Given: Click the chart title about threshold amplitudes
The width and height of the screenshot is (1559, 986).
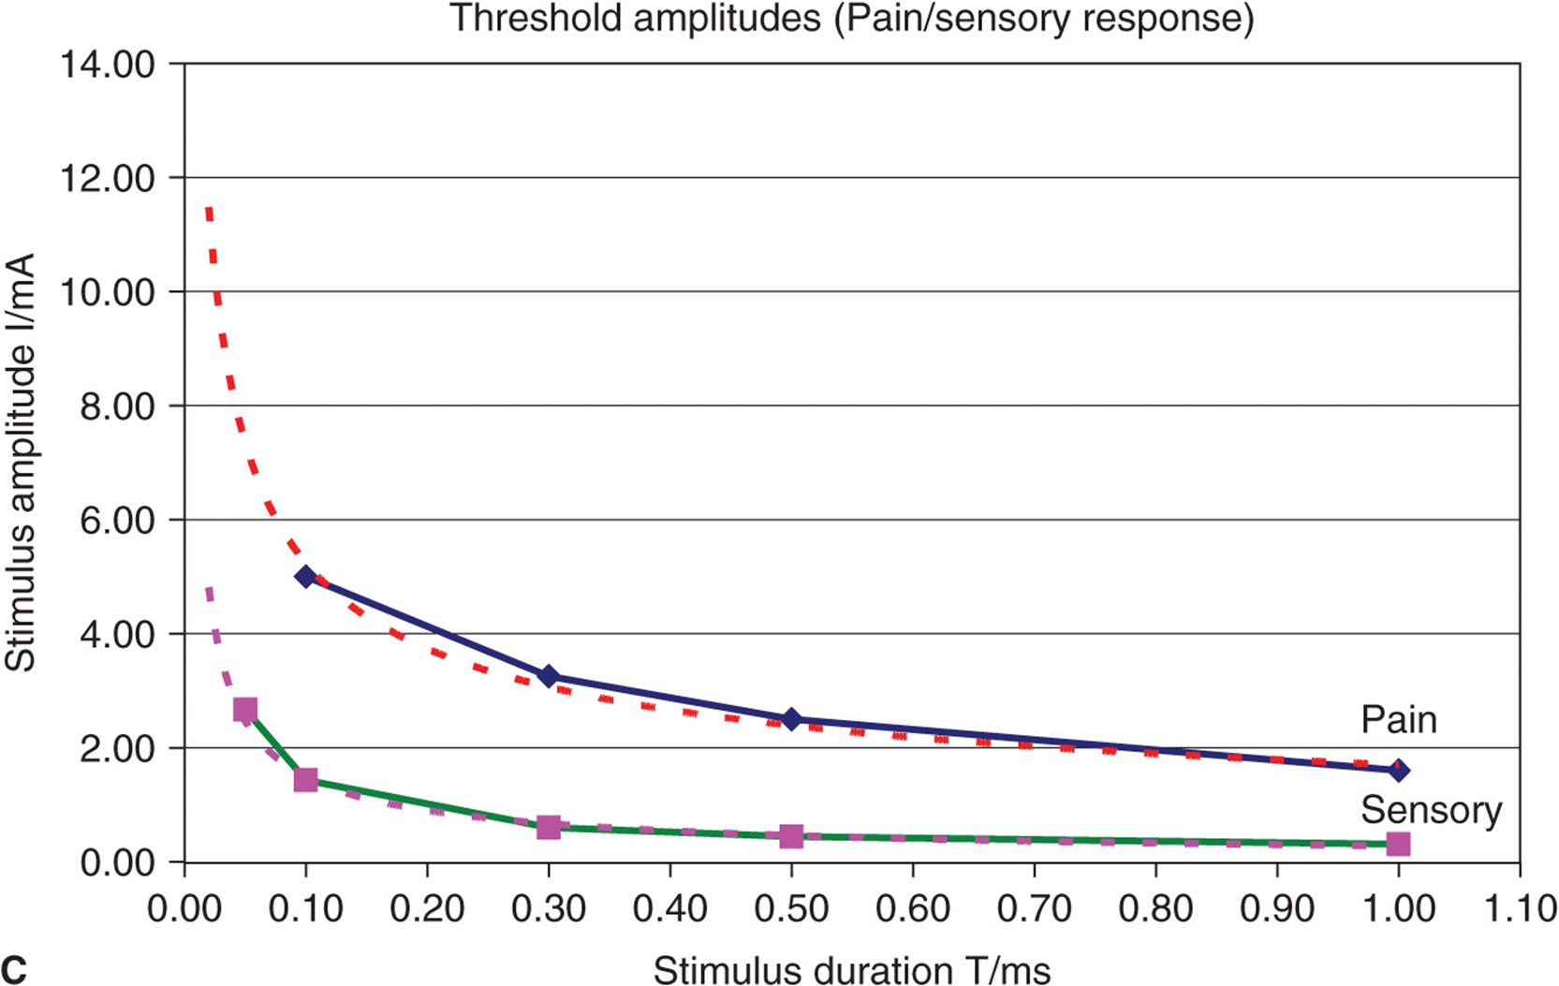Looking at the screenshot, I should point(852,19).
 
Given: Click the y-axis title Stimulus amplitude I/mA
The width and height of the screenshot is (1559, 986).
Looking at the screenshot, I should point(21,462).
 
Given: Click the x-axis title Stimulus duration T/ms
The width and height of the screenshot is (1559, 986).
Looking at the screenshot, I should point(852,970).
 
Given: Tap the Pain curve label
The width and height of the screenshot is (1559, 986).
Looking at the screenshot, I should point(1398,720).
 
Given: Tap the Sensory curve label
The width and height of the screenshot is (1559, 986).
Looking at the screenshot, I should point(1431,810).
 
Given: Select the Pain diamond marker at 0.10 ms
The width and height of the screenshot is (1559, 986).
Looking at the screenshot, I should point(306,576).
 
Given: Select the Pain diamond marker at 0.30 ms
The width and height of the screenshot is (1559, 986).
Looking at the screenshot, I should point(549,676).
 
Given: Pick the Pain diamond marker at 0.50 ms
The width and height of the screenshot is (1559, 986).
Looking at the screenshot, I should point(791,719).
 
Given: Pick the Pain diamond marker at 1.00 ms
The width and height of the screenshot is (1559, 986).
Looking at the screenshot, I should point(1398,771).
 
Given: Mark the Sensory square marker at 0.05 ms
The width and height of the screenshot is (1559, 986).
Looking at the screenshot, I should point(245,710).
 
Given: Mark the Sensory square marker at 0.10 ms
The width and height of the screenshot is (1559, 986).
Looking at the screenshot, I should point(306,780).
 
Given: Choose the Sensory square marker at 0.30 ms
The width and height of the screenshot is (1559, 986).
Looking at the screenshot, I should point(549,827).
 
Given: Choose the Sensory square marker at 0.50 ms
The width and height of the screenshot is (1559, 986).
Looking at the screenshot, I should point(791,835).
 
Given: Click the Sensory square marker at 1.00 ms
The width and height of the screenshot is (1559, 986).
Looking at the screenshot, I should point(1398,844).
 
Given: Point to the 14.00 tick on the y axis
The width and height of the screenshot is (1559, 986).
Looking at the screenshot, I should point(108,65).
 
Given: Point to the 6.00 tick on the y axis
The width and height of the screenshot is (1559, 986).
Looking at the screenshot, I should point(117,521).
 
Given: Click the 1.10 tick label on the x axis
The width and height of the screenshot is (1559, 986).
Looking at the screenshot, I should point(1519,908).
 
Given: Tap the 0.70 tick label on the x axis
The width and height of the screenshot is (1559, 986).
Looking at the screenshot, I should point(1034,908).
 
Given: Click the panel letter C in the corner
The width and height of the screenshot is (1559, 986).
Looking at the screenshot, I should point(15,970).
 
